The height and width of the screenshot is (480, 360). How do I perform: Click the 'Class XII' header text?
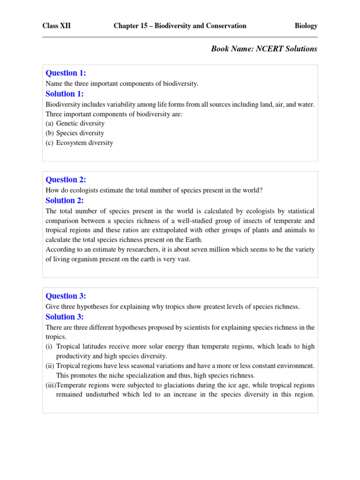pyautogui.click(x=56, y=26)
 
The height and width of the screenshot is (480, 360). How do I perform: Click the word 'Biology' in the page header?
pyautogui.click(x=306, y=26)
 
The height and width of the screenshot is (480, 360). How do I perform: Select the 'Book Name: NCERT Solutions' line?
pyautogui.click(x=264, y=49)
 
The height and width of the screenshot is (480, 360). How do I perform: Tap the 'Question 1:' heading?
pyautogui.click(x=66, y=73)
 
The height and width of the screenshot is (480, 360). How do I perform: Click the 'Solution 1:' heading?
pyautogui.click(x=64, y=94)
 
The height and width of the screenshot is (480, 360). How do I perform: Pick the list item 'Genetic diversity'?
pyautogui.click(x=80, y=123)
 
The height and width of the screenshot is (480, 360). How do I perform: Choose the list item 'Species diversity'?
pyautogui.click(x=80, y=133)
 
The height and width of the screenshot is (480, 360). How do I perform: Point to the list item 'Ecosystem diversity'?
pyautogui.click(x=84, y=143)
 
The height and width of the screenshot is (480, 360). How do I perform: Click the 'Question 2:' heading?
pyautogui.click(x=66, y=180)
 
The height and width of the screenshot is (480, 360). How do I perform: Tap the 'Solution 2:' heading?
pyautogui.click(x=64, y=201)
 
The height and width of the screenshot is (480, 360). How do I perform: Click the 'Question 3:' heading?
pyautogui.click(x=66, y=296)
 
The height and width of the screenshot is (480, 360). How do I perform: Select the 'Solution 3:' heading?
pyautogui.click(x=64, y=317)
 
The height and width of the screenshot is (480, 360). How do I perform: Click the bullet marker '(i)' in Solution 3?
pyautogui.click(x=49, y=346)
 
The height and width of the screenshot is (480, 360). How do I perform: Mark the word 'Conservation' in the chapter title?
pyautogui.click(x=227, y=26)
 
